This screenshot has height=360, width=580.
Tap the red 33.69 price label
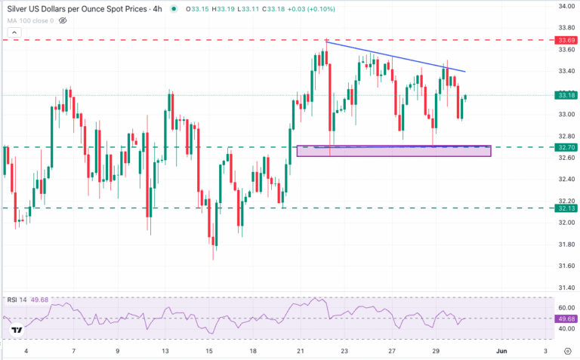click(566, 39)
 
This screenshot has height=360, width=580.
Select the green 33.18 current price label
click(566, 95)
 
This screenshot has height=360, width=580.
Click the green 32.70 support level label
click(566, 146)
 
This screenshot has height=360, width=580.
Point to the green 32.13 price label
click(566, 208)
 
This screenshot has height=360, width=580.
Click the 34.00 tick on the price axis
click(566, 6)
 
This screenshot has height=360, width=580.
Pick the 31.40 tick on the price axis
click(566, 288)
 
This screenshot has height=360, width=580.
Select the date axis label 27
click(391, 351)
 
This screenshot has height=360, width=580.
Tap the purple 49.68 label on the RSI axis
click(566, 318)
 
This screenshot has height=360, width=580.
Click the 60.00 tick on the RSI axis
click(566, 308)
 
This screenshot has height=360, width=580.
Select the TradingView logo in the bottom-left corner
click(16, 330)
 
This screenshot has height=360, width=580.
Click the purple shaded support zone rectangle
click(393, 151)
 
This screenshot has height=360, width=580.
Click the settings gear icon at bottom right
click(567, 351)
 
